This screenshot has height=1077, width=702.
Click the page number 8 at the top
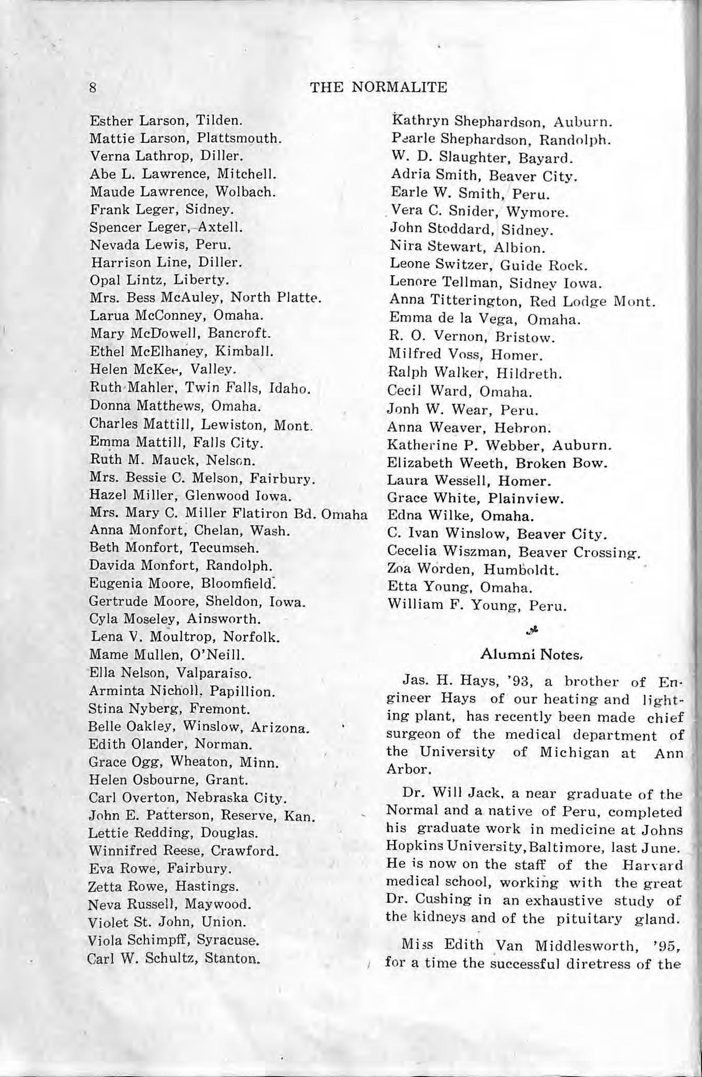[93, 87]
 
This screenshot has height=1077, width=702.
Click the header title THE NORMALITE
[378, 87]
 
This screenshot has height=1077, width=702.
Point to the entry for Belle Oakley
[199, 727]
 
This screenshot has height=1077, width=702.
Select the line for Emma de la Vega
[484, 319]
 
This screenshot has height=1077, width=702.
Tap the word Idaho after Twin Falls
[292, 389]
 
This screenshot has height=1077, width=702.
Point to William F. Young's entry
[477, 605]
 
